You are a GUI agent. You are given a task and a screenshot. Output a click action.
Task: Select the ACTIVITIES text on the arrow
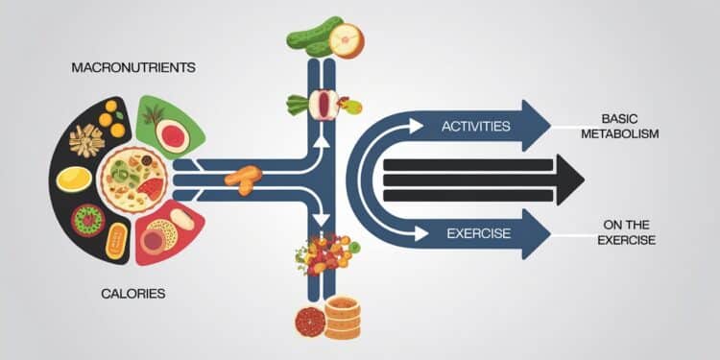pos(475,126)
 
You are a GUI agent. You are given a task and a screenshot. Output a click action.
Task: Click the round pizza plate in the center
pos(132,180)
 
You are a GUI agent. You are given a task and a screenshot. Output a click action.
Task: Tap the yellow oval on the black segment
pos(75,179)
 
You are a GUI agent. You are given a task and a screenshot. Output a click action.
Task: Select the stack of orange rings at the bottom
pos(342,317)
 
